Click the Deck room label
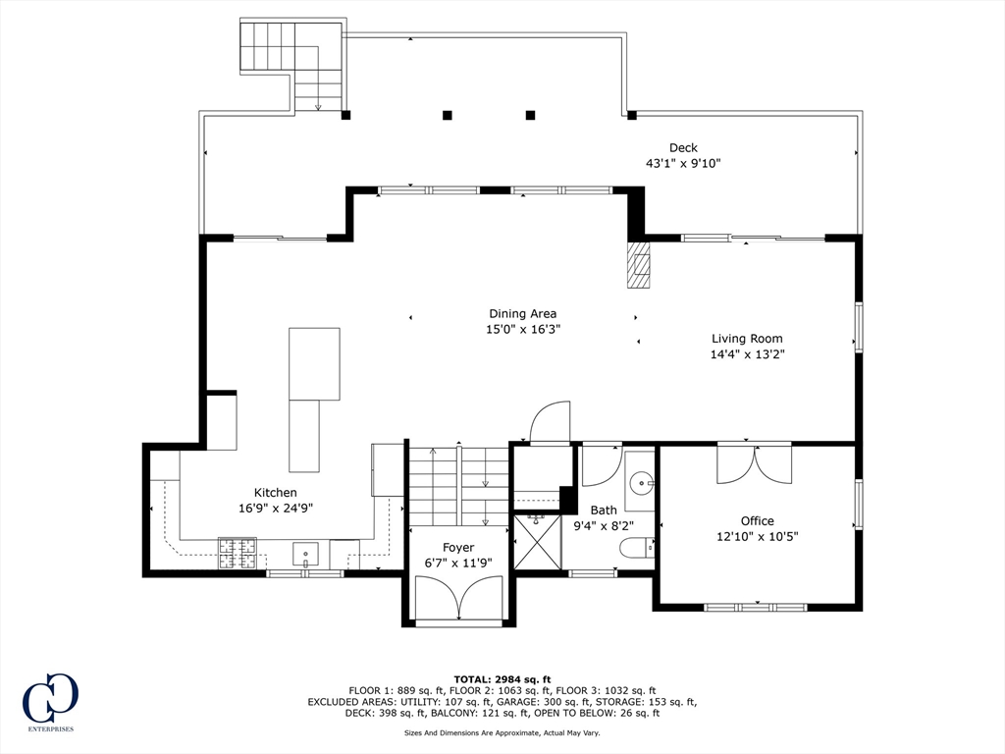(683, 148)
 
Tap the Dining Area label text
(522, 314)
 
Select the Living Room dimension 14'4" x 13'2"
(748, 354)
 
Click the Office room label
(757, 520)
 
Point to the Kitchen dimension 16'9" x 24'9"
(275, 509)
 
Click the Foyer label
(458, 548)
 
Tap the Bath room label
(604, 510)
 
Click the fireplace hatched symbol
(639, 265)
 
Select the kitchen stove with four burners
(237, 554)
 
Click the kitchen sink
(306, 555)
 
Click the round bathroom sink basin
(641, 482)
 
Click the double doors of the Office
(754, 463)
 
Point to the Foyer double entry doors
(458, 598)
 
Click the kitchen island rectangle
(312, 399)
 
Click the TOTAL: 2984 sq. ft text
(502, 679)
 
